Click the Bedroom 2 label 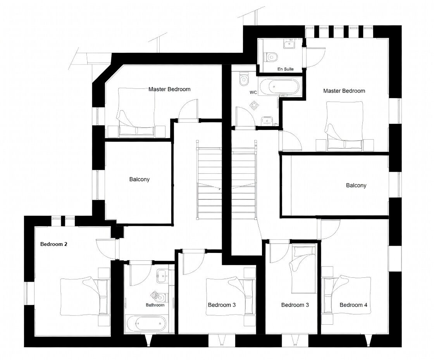coord(54,244)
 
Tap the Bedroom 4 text coord(353,305)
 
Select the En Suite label coord(286,69)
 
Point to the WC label coord(253,93)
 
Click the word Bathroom coord(155,305)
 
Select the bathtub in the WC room coord(279,87)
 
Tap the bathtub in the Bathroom coord(146,323)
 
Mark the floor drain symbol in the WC coord(254,105)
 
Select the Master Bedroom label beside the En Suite coord(344,91)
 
